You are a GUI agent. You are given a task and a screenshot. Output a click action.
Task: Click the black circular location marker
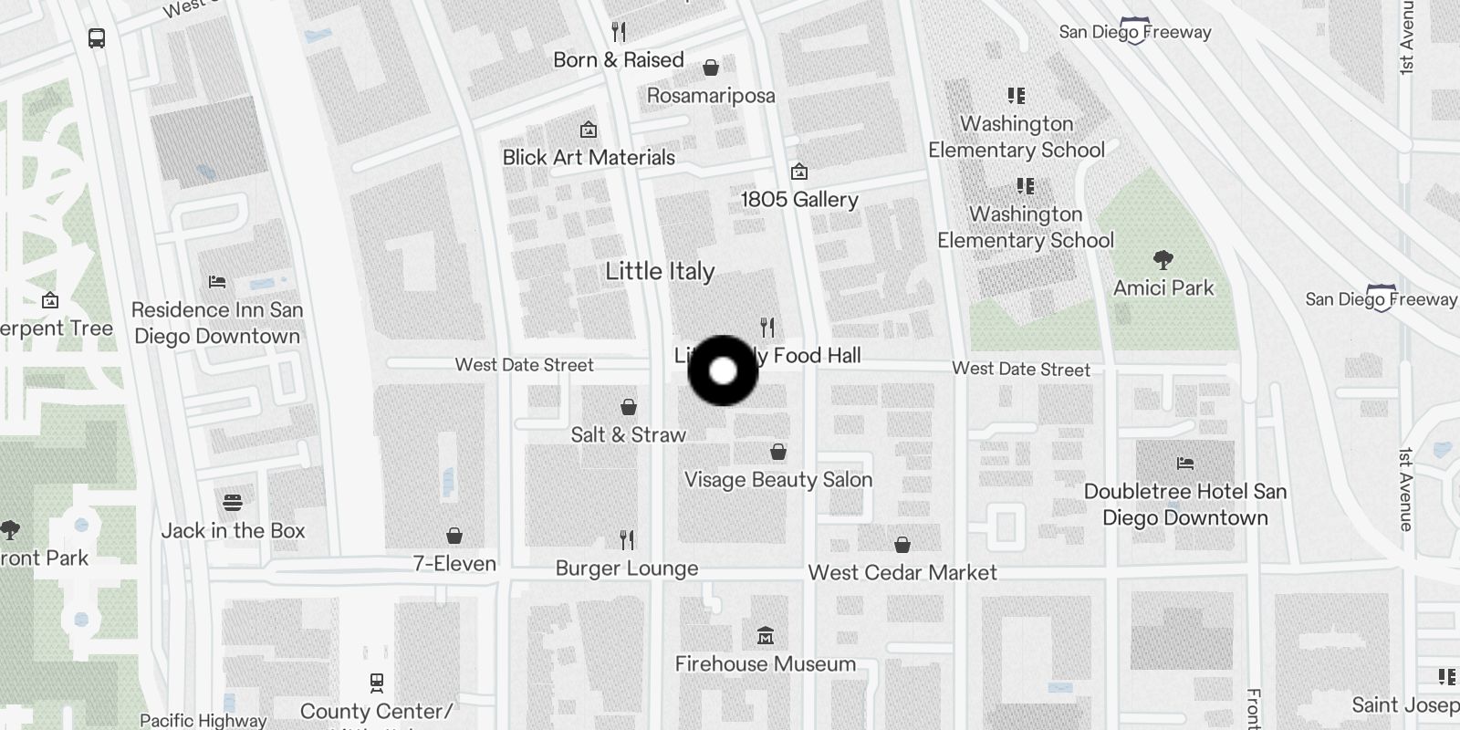[x=723, y=370]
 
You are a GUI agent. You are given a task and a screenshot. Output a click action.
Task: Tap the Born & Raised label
[x=618, y=60]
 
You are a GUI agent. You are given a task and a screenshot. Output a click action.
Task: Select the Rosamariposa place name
[x=711, y=96]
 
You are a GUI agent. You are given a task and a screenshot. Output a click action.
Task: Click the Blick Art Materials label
[x=589, y=157]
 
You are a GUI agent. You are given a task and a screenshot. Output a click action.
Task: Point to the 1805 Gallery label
[x=799, y=199]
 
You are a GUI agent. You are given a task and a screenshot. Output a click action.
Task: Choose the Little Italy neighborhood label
[x=660, y=271]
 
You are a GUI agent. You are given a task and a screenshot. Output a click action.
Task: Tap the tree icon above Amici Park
[x=1163, y=261]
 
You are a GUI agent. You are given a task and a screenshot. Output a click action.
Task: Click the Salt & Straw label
[x=628, y=434]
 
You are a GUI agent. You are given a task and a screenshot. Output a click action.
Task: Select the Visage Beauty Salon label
[x=778, y=480]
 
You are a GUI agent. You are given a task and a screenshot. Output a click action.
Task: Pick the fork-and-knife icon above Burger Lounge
[x=627, y=540]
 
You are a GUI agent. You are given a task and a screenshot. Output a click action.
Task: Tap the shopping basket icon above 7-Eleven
[x=454, y=536]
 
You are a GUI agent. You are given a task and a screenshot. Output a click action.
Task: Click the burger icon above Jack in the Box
[x=233, y=503]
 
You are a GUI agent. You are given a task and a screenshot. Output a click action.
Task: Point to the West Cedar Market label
[x=902, y=573]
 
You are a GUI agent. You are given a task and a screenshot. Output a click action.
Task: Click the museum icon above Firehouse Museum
[x=766, y=635]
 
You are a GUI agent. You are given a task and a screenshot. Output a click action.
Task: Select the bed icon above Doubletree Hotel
[x=1184, y=464]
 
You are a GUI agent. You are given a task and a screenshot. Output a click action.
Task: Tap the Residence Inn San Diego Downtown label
[x=217, y=323]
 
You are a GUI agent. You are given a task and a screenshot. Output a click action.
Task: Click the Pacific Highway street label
[x=203, y=721]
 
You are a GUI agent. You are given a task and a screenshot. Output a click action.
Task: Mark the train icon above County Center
[x=376, y=682]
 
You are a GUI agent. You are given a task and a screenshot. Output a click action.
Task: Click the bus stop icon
[x=97, y=38]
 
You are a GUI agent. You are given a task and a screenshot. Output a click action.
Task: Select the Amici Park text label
[x=1163, y=288]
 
